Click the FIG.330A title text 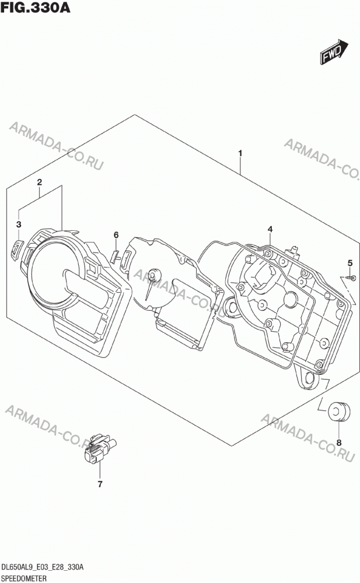click(x=36, y=8)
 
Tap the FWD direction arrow click(x=334, y=51)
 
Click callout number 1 click(x=240, y=153)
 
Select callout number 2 click(x=39, y=182)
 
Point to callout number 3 click(x=19, y=224)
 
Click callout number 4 click(x=270, y=229)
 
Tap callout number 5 click(x=349, y=264)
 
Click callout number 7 click(x=100, y=484)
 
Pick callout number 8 click(x=339, y=442)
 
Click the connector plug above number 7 click(x=99, y=448)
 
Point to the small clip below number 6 click(x=115, y=257)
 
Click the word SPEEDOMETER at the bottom click(x=24, y=578)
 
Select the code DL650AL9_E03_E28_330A click(x=43, y=567)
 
